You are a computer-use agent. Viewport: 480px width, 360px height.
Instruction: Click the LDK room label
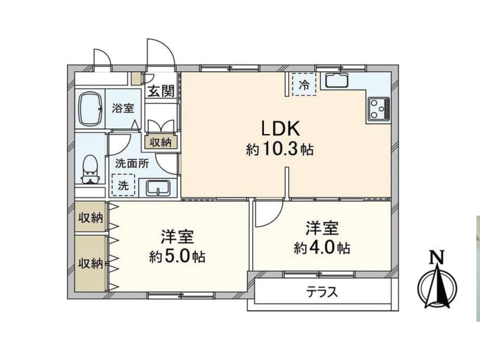coord(280,129)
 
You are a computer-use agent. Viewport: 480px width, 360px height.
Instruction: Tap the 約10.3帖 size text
coord(279,150)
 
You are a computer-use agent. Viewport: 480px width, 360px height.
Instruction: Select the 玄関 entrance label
coord(161,91)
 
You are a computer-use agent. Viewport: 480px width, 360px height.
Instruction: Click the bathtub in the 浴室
coord(92,109)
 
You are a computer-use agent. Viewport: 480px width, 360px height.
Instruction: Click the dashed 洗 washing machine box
coord(123,185)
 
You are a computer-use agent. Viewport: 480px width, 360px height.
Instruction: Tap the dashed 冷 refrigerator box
coord(304,84)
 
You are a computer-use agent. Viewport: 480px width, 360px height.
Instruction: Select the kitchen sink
coord(336,80)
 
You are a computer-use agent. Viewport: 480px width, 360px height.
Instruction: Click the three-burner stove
coord(379,108)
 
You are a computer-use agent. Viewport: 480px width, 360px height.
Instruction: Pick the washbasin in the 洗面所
coord(158,188)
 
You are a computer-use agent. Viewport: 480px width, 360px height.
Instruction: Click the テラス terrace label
coord(322,292)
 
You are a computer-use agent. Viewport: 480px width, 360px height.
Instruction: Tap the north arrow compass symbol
coord(437,287)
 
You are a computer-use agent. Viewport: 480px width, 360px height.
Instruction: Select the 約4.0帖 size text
coord(322,248)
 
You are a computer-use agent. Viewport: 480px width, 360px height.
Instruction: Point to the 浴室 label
coord(123,108)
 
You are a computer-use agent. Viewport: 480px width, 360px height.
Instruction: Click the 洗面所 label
coord(132,164)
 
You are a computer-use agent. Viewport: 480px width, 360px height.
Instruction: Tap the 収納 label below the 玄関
coord(161,142)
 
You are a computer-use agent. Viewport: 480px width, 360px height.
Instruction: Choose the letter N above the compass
coord(437,258)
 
